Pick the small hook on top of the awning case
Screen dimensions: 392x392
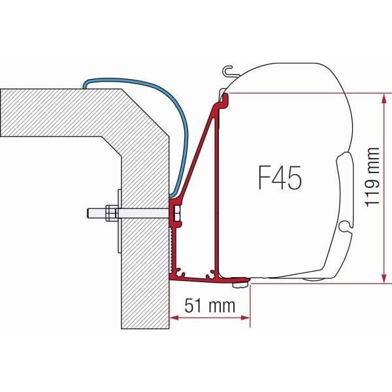point(227,69)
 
